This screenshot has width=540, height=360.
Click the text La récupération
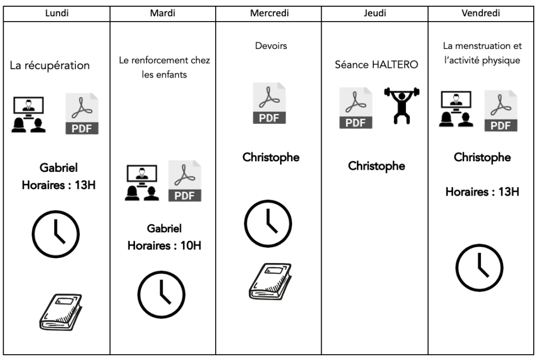(50, 66)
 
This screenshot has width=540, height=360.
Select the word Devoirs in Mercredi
(268, 46)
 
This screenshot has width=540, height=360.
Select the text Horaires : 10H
(163, 245)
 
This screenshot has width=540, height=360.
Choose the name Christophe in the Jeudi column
(377, 166)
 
